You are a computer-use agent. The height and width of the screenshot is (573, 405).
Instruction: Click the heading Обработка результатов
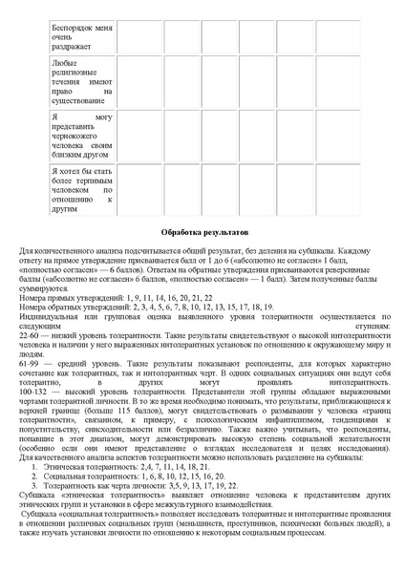(202, 232)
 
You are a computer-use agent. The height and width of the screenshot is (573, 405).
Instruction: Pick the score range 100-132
(34, 391)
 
